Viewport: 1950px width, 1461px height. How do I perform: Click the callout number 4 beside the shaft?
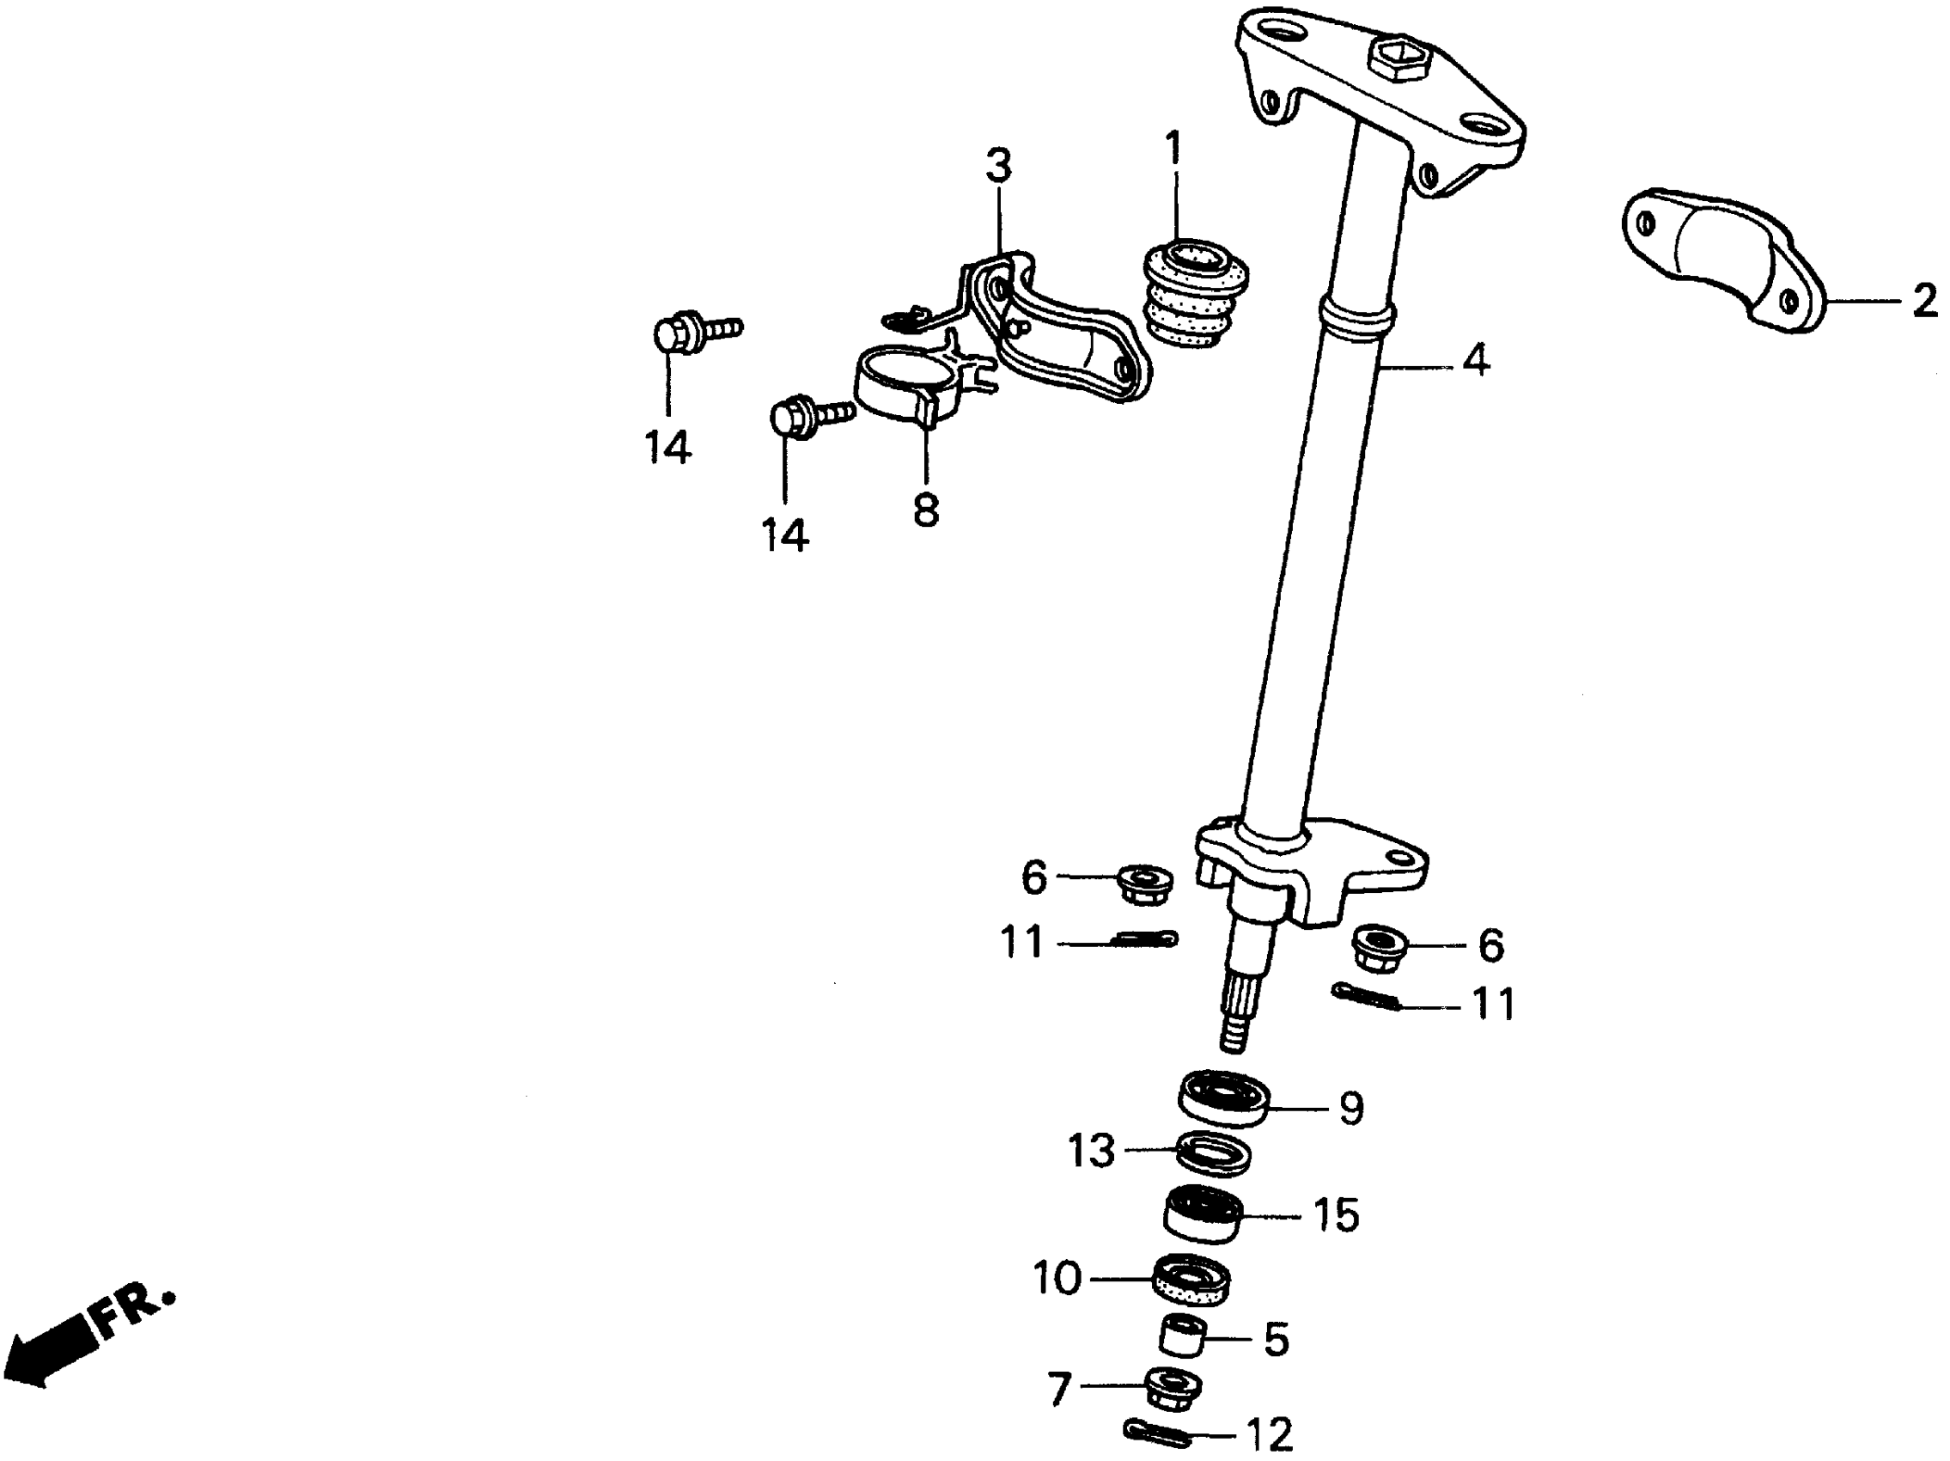[1476, 361]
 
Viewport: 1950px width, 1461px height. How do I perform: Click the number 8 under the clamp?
[926, 509]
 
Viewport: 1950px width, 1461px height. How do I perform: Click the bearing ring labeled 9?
[1224, 1097]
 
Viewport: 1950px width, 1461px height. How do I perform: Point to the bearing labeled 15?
[1203, 1215]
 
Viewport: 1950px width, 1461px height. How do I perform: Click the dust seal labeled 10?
[1191, 1281]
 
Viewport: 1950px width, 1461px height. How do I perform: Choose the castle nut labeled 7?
[1173, 1389]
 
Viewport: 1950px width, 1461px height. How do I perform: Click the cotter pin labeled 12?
[1157, 1433]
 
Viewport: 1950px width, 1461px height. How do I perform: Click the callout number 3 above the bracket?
[998, 166]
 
